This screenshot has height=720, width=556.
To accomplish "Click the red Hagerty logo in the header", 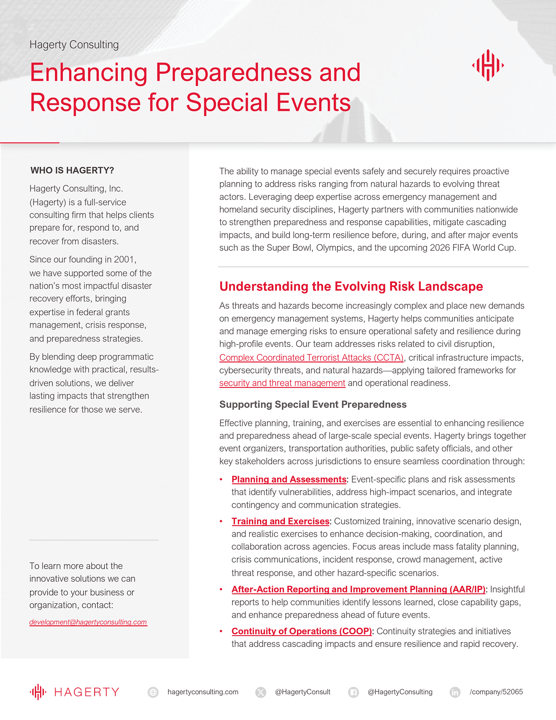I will (x=488, y=65).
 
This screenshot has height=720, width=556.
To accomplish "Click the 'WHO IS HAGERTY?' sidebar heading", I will (x=72, y=170).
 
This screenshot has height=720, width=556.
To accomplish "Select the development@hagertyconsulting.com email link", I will (x=88, y=622).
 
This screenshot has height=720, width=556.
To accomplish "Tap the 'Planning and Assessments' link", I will (x=289, y=479).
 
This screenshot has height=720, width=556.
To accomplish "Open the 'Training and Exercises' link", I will (x=280, y=521).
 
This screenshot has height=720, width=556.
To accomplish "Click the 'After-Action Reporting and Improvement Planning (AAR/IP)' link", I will (x=358, y=589).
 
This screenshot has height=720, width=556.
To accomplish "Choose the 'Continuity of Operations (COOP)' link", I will (x=301, y=631).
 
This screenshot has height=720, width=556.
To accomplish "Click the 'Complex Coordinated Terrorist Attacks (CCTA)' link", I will (x=311, y=358).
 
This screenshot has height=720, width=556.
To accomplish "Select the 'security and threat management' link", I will (x=282, y=383).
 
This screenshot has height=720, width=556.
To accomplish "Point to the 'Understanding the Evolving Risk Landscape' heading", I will (x=351, y=286).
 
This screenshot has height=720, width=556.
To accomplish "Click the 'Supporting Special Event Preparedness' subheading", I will (x=313, y=404).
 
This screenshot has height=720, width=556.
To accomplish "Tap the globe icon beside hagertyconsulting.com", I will (x=153, y=692).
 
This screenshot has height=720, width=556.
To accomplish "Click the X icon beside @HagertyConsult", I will (x=261, y=692).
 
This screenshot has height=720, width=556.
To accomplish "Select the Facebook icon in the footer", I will (x=354, y=692).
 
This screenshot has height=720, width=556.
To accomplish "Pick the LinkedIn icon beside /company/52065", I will (x=455, y=692).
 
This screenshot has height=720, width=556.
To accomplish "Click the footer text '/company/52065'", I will (x=496, y=692).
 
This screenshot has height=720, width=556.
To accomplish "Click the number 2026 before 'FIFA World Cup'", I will (x=440, y=248).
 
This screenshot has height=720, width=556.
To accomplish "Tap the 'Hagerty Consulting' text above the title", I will (x=74, y=45).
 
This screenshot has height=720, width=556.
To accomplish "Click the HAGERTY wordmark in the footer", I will (x=87, y=692).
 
